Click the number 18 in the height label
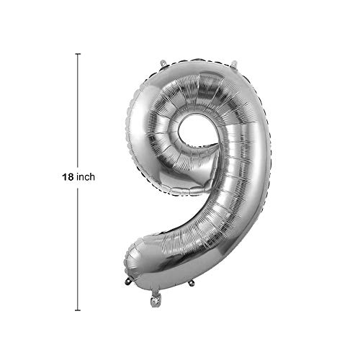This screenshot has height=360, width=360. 68,177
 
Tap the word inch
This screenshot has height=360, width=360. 86,177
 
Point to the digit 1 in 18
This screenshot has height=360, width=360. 65,177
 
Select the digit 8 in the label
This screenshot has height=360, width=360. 71,177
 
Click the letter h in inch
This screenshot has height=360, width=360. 92,177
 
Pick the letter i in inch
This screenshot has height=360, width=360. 78,177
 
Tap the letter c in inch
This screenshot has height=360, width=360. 86,179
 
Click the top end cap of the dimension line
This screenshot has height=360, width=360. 78,54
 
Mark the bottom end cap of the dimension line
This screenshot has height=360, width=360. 78,310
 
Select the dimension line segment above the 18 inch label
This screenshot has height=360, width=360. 78,110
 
